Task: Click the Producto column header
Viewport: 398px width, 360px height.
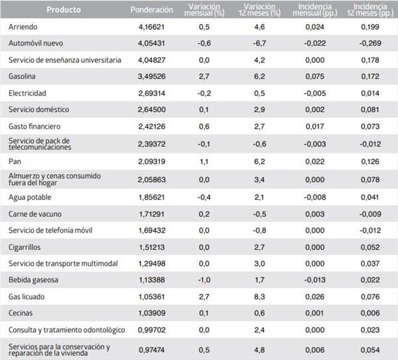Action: tap(64, 10)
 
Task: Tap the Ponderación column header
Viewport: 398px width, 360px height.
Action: tap(151, 10)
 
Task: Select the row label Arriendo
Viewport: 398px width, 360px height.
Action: tap(23, 27)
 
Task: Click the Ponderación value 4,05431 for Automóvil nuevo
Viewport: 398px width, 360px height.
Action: tap(151, 43)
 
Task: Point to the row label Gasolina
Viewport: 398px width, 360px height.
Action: tap(22, 76)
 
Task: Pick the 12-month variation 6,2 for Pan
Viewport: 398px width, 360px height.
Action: tap(259, 161)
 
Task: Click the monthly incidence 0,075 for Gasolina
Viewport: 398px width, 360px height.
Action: tap(314, 76)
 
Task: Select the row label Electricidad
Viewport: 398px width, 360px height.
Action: tap(27, 93)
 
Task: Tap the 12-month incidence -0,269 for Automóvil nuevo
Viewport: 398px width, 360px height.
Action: tap(370, 43)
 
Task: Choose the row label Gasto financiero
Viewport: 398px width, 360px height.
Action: tap(34, 126)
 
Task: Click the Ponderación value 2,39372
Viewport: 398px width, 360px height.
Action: tap(151, 144)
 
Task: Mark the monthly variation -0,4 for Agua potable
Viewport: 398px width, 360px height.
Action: tap(204, 197)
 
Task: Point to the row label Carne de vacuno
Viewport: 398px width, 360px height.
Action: tap(35, 214)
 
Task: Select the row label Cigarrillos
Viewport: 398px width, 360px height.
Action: tap(25, 247)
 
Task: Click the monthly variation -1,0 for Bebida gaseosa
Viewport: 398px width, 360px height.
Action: tap(204, 280)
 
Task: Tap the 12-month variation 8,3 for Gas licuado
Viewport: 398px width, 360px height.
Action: tap(259, 296)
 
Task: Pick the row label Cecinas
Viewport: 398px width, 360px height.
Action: tap(21, 313)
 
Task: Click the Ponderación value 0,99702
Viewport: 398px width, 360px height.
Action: tap(151, 330)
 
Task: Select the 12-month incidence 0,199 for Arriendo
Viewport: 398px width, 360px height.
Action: tap(370, 27)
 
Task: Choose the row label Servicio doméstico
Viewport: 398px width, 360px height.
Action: tap(39, 109)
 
